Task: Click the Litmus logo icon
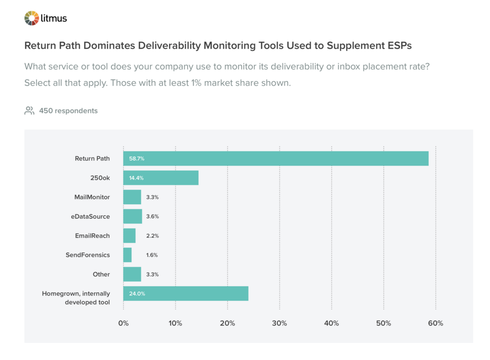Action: pyautogui.click(x=32, y=18)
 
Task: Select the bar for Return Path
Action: pyautogui.click(x=276, y=158)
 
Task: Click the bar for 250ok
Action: pyautogui.click(x=161, y=178)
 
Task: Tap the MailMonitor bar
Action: pyautogui.click(x=132, y=197)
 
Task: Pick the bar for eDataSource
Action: pyautogui.click(x=133, y=216)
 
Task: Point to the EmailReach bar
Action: pyautogui.click(x=129, y=236)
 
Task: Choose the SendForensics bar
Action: pyautogui.click(x=128, y=255)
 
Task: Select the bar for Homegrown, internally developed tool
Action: pyautogui.click(x=186, y=293)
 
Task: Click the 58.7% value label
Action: pyautogui.click(x=137, y=159)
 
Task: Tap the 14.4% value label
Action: pyautogui.click(x=136, y=178)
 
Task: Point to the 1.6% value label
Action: pyautogui.click(x=152, y=255)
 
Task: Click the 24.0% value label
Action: pyautogui.click(x=137, y=294)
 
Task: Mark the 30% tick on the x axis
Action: pyautogui.click(x=280, y=323)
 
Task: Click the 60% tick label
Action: pyautogui.click(x=435, y=323)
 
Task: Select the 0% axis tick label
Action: pyautogui.click(x=123, y=323)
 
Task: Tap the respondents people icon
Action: pyautogui.click(x=29, y=111)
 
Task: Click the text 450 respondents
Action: pyautogui.click(x=68, y=111)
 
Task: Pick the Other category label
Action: pyautogui.click(x=101, y=274)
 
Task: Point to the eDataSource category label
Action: pyautogui.click(x=90, y=216)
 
